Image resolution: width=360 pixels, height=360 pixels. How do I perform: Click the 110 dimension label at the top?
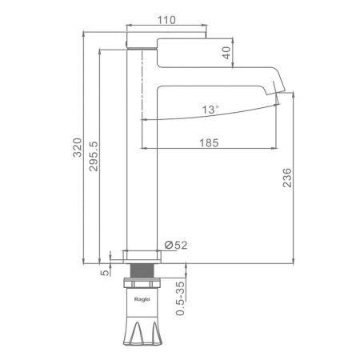pos(166,20)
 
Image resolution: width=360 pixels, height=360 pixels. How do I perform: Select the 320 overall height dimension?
pos(78,147)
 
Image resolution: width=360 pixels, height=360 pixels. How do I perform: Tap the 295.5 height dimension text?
pos(94,156)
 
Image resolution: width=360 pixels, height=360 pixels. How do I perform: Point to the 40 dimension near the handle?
pos(226,53)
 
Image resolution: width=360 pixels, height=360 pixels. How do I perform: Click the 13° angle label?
pos(210,110)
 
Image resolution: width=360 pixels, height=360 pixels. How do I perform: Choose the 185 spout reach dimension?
pos(209,143)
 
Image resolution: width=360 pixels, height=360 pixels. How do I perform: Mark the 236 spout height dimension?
pos(287,178)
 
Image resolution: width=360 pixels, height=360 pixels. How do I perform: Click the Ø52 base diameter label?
pos(176,245)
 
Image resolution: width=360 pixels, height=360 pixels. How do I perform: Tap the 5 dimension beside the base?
pos(105,273)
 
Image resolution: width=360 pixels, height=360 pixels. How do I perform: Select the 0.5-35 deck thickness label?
pos(180,298)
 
